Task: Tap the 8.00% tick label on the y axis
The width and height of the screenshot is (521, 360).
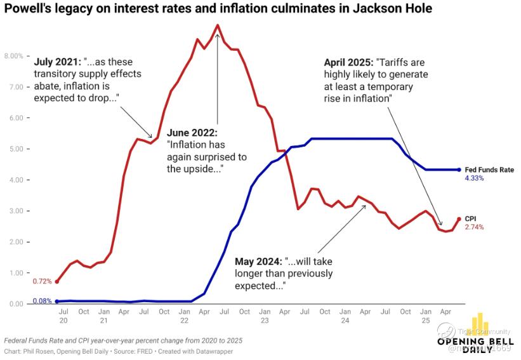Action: click(x=13, y=56)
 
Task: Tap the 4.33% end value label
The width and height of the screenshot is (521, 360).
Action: click(x=474, y=178)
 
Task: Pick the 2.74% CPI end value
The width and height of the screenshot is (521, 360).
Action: click(x=474, y=227)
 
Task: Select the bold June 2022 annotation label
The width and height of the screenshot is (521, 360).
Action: click(x=192, y=133)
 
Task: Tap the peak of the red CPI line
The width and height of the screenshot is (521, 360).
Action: click(x=218, y=25)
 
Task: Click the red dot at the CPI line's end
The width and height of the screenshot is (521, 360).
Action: click(x=459, y=219)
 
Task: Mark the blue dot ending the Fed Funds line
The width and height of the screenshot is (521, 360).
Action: click(x=459, y=170)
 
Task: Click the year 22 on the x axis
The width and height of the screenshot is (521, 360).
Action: click(x=184, y=320)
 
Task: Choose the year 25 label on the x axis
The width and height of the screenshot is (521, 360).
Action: click(x=425, y=320)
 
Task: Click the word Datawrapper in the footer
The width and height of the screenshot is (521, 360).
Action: click(x=214, y=351)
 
